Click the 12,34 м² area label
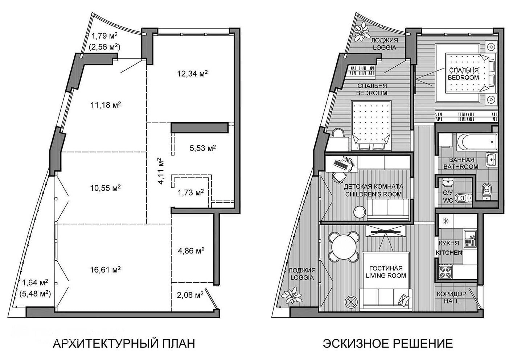click(x=192, y=74)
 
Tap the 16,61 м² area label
click(x=106, y=269)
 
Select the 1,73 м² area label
click(x=190, y=193)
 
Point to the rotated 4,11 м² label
click(x=161, y=171)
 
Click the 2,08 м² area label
click(x=190, y=295)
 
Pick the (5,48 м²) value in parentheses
click(x=35, y=294)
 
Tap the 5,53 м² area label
click(x=203, y=148)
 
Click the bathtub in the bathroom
click(x=477, y=142)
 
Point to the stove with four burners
click(x=445, y=272)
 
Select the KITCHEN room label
click(x=449, y=253)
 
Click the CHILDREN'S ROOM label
click(x=373, y=194)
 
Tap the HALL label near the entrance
click(x=451, y=301)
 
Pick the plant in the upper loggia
click(x=362, y=31)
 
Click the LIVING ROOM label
click(x=386, y=276)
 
